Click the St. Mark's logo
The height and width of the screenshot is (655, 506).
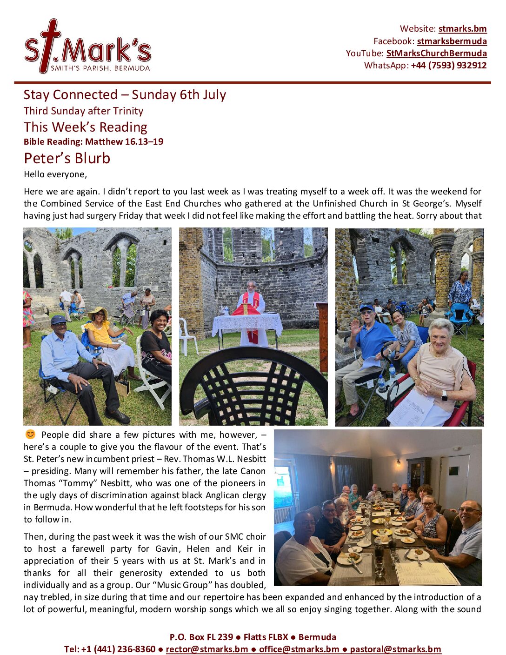click(87, 47)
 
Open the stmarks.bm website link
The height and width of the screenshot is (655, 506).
click(462, 29)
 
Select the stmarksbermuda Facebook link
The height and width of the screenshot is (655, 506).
click(452, 41)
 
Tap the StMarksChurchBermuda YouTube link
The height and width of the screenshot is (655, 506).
click(436, 53)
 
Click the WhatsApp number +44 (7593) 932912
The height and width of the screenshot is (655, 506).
click(448, 65)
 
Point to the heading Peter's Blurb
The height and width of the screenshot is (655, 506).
click(67, 158)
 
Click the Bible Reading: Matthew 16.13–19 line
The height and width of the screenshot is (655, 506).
click(93, 141)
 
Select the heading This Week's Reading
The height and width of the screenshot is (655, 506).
click(86, 127)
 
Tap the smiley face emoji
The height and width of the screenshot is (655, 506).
click(30, 434)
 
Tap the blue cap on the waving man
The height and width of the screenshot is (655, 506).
click(366, 307)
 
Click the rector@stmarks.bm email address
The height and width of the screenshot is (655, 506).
click(207, 649)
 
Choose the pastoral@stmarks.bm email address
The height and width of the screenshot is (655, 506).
click(395, 649)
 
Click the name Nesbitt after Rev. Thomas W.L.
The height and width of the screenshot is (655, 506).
click(251, 459)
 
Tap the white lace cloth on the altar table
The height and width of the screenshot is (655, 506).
click(247, 323)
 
